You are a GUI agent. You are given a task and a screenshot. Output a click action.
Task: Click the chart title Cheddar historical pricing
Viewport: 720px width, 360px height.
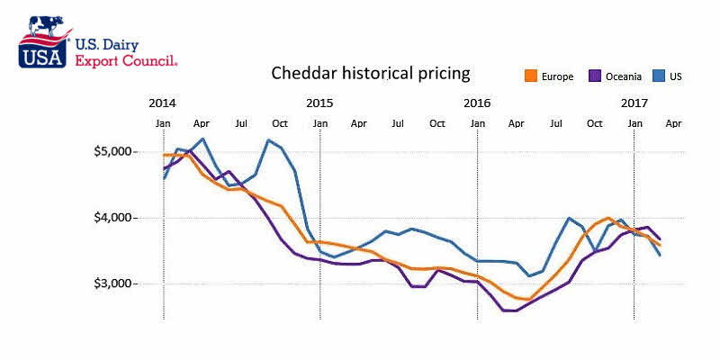371,73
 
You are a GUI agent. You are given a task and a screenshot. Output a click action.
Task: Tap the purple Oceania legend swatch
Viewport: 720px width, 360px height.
595,76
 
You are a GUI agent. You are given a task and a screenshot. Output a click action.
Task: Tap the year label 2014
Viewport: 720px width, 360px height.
163,102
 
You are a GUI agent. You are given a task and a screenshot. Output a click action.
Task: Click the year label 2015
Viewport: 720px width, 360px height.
319,102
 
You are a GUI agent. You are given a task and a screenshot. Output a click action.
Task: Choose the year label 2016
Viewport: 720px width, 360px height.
477,102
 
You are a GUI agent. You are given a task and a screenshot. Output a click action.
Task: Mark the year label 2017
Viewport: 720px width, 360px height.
635,102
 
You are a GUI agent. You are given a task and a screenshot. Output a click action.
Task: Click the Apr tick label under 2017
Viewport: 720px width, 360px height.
673,122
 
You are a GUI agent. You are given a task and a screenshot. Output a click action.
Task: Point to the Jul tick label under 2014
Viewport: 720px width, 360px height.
241,122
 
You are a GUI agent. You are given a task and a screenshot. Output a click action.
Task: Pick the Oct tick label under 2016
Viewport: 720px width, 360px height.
594,122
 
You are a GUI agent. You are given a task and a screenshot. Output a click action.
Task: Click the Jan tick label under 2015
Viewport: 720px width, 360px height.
319,122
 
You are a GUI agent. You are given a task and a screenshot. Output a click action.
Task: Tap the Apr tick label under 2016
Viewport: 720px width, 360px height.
516,122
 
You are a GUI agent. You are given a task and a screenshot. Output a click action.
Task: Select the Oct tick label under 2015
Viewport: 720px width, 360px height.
436,122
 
